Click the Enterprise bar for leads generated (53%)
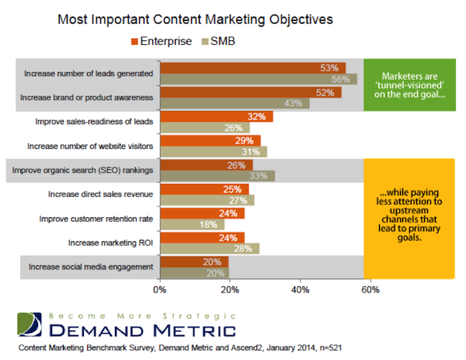(x=252, y=68)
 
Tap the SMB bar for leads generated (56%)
(x=258, y=78)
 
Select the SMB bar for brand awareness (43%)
(x=235, y=103)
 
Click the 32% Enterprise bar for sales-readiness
(x=216, y=117)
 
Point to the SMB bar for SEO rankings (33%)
(x=217, y=175)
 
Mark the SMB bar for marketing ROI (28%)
(x=209, y=248)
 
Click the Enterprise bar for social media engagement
(x=194, y=262)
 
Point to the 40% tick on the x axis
(x=300, y=291)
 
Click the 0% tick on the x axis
(x=160, y=291)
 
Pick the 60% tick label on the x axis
(x=370, y=291)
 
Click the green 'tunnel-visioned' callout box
(x=407, y=84)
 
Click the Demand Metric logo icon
(x=28, y=324)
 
